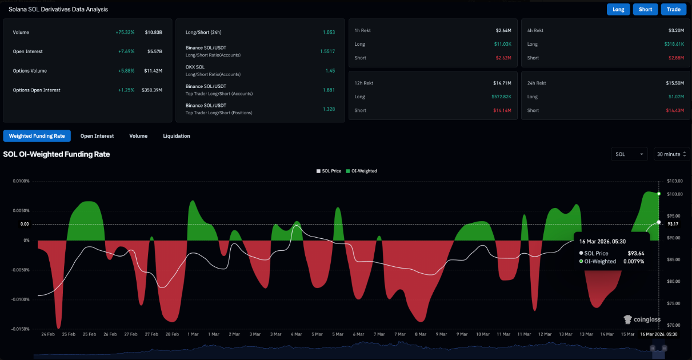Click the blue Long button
click(x=618, y=9)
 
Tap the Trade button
click(x=673, y=9)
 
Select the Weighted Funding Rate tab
click(x=37, y=136)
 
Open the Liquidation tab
click(x=177, y=136)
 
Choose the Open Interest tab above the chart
click(x=97, y=136)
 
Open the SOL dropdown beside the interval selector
click(x=629, y=154)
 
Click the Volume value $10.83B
click(x=154, y=33)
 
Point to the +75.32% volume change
click(x=125, y=33)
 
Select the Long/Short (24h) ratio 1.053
click(x=329, y=33)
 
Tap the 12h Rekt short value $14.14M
click(x=502, y=110)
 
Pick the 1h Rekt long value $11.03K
click(x=503, y=44)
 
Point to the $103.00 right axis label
click(x=675, y=181)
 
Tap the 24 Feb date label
click(x=47, y=334)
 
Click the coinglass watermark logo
click(x=642, y=319)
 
